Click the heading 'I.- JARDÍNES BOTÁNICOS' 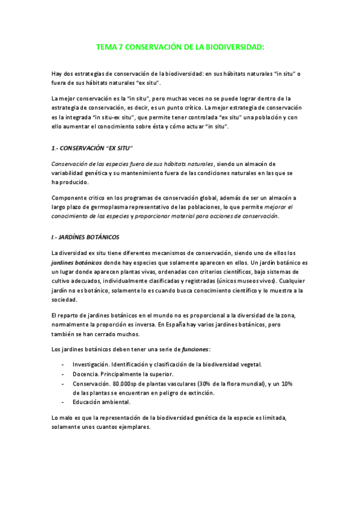point(86,236)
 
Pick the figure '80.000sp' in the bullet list point(126,383)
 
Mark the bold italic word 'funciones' point(191,349)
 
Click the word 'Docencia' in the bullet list point(85,373)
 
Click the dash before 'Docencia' point(63,373)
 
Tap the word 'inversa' point(144,325)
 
